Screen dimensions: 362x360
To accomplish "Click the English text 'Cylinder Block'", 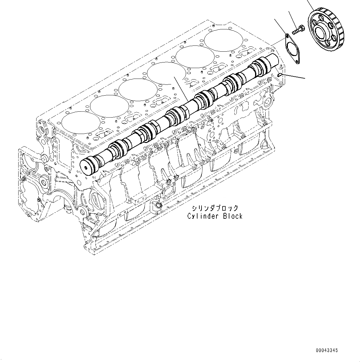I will (x=215, y=216).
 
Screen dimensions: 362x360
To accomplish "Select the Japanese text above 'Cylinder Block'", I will (x=215, y=208).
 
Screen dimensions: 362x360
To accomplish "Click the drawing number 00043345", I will (x=327, y=350).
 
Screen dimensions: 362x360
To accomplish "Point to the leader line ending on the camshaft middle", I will (x=181, y=90).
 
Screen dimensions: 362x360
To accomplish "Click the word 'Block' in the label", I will (x=233, y=216).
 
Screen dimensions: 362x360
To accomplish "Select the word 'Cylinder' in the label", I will (x=202, y=216).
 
